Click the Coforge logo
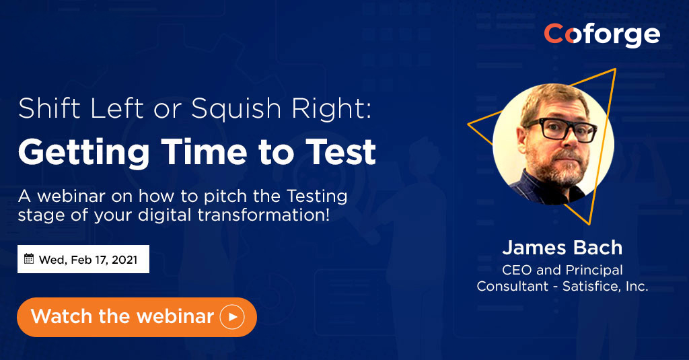(x=602, y=35)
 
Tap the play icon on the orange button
(x=232, y=317)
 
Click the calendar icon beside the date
(x=29, y=259)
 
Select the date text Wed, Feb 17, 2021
(x=88, y=260)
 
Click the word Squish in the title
(x=236, y=108)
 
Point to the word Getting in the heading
(x=84, y=153)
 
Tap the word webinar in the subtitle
(x=71, y=196)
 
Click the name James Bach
(x=563, y=248)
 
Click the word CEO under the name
(x=517, y=270)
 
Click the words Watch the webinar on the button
(x=122, y=316)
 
